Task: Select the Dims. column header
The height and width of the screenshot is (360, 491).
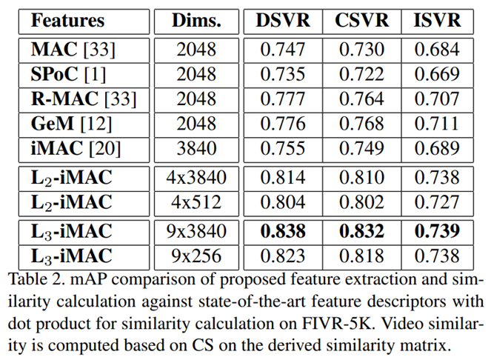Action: click(196, 20)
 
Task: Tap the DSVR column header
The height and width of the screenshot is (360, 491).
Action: click(283, 20)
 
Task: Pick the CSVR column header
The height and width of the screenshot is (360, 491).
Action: click(361, 20)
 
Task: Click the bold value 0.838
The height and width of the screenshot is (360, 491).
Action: click(283, 232)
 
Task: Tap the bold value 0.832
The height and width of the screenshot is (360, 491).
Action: click(361, 232)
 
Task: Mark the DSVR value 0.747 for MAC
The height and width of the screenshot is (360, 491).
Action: click(283, 50)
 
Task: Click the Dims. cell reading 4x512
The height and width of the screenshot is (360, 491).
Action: click(196, 202)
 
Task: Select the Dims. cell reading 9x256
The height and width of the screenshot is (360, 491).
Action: click(196, 256)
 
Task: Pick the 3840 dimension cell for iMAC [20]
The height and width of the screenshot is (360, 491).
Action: click(196, 148)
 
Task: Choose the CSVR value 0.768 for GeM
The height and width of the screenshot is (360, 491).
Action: click(361, 124)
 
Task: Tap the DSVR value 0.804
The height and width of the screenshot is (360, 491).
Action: click(283, 202)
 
